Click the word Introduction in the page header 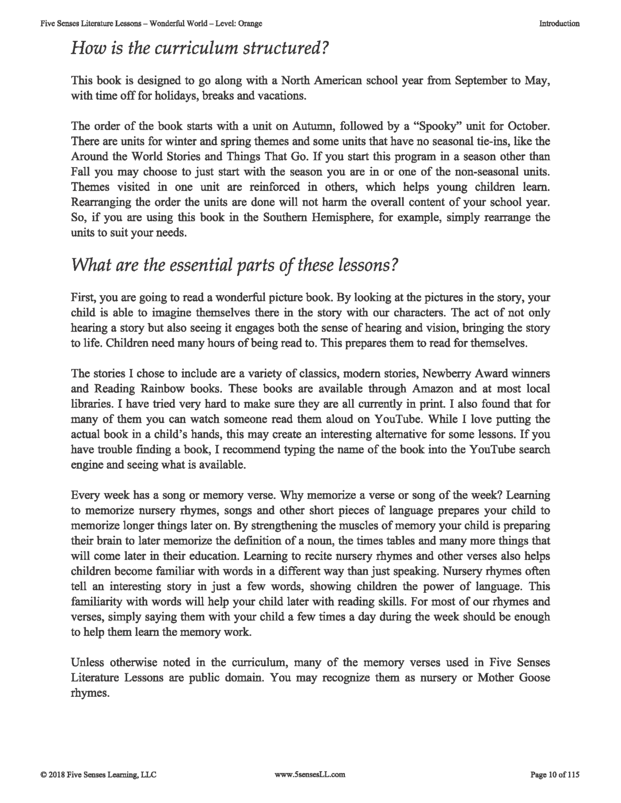559,24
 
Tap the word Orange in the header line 250,24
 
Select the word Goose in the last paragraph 535,678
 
